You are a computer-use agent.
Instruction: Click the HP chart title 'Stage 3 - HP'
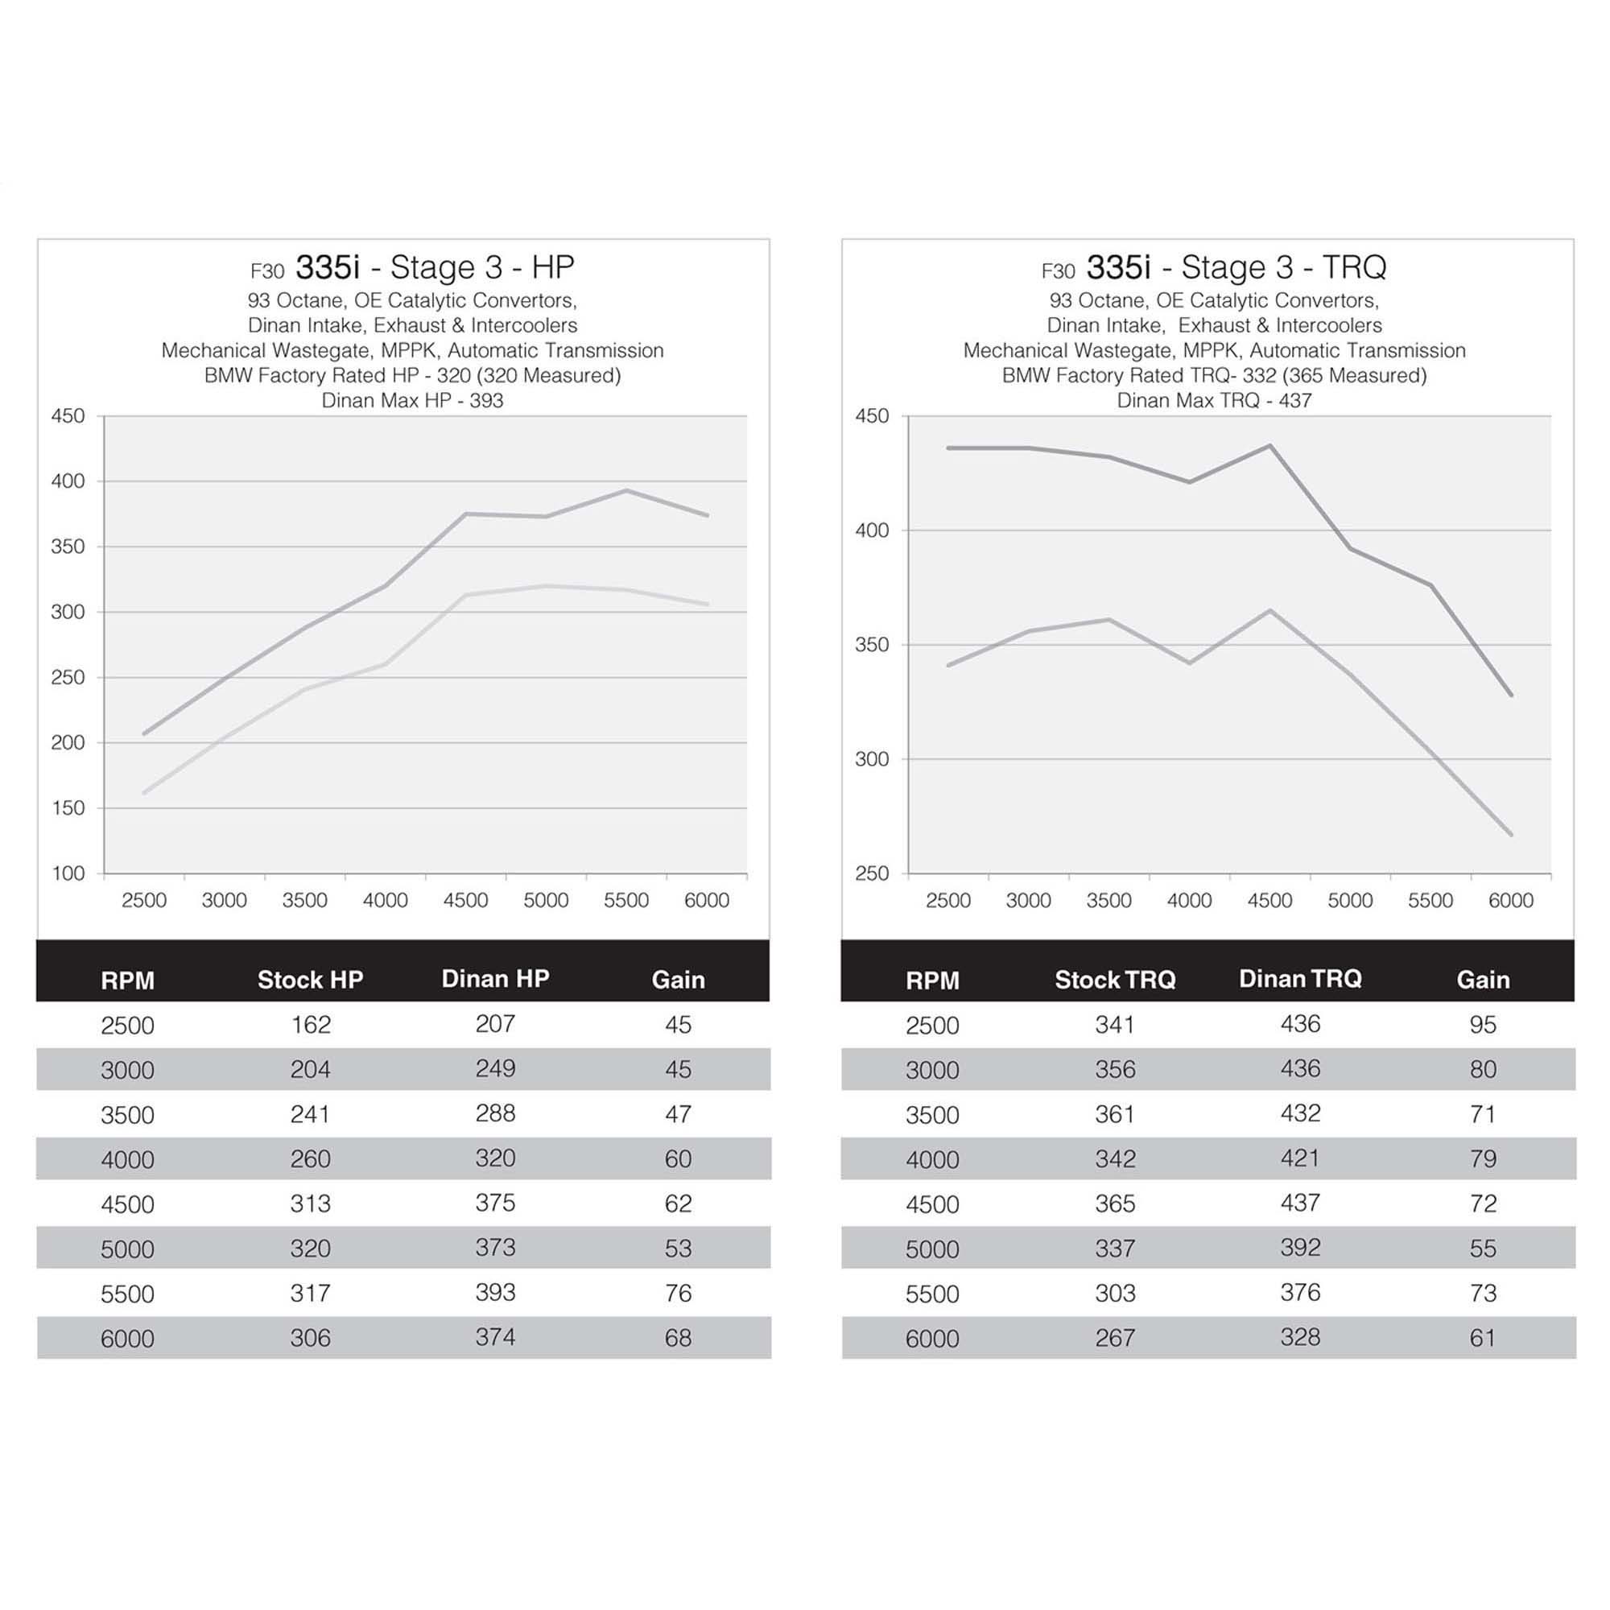481,267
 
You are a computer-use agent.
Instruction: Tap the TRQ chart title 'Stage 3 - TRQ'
1283,267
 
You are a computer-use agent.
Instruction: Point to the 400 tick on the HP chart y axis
68,481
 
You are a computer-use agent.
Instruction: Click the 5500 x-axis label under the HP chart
625,901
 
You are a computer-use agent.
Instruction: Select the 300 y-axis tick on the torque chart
872,759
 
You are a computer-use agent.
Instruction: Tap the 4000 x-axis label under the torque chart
1189,901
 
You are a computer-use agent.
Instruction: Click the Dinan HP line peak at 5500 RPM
626,490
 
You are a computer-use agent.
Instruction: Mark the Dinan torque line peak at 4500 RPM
1270,445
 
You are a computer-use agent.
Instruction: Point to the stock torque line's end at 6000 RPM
1511,834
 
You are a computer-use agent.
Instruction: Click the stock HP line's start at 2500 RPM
144,792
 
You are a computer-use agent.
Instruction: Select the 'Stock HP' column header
310,980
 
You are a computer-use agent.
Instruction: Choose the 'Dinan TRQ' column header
1300,979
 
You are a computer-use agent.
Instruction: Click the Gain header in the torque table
1483,980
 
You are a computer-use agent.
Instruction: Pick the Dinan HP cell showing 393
495,1293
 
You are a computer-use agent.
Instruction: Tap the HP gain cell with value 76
678,1294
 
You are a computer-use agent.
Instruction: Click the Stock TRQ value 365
1115,1204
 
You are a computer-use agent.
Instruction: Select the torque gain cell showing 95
1483,1025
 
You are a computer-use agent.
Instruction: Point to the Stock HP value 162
311,1025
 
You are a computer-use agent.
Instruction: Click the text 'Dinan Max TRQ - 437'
1214,401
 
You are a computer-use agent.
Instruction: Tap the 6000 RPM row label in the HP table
127,1340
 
